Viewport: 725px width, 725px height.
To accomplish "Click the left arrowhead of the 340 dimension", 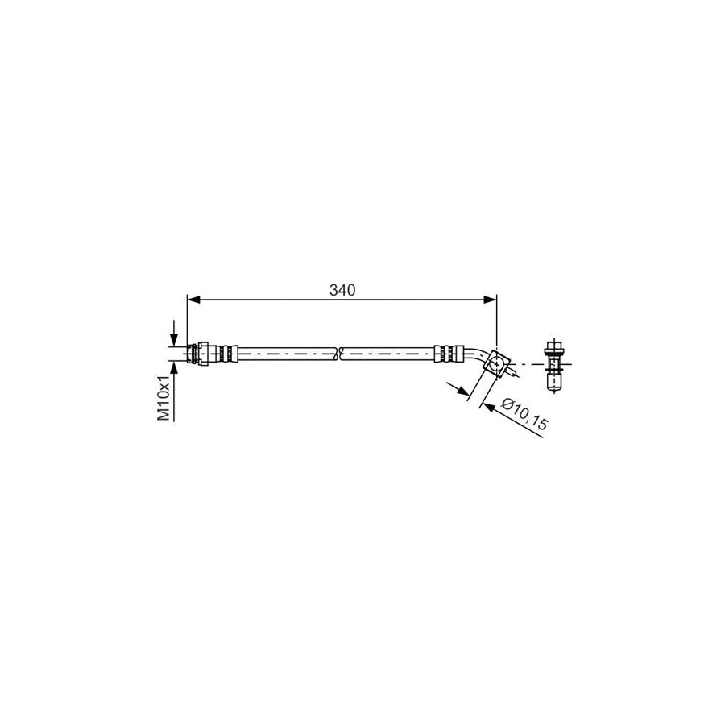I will tap(193, 300).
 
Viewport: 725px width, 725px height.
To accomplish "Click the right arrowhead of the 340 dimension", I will tap(490, 300).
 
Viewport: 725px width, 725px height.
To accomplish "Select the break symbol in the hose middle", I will tap(340, 353).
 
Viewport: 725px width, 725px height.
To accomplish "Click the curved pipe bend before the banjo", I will tap(477, 355).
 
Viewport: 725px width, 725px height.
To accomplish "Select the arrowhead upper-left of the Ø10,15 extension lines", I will tap(462, 391).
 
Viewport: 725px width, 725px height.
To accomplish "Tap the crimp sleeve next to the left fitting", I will tap(226, 353).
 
